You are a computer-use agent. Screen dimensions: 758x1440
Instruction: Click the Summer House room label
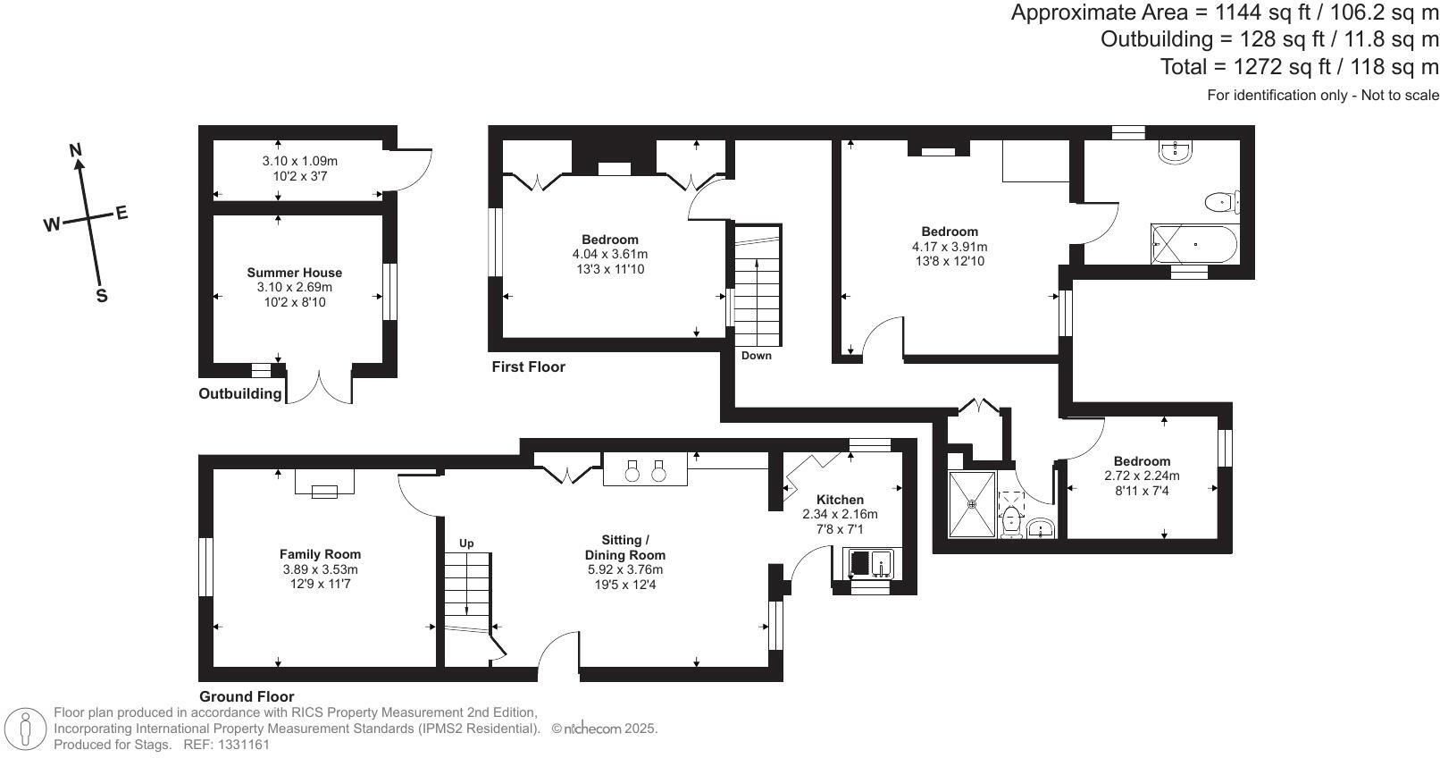coord(294,273)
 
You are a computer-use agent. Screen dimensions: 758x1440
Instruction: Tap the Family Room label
coord(320,554)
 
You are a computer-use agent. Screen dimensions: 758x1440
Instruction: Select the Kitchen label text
coord(840,500)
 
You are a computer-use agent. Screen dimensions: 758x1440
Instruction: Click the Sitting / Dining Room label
coord(624,547)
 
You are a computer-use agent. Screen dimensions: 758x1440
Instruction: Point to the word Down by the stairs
coord(756,356)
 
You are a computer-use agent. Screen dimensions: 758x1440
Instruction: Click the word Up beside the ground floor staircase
coord(466,543)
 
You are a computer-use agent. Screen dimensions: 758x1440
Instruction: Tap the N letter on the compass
coord(77,149)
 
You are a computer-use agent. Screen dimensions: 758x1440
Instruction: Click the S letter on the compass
coord(102,296)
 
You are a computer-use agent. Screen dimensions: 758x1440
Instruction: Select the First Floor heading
coord(528,366)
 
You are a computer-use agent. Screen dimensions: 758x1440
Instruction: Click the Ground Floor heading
coord(247,696)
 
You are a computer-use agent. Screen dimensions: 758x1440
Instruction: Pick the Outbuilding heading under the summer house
coord(239,393)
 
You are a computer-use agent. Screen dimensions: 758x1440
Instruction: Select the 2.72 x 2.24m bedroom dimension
coord(1142,476)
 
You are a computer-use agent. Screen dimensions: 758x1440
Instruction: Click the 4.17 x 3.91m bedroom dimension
coord(950,247)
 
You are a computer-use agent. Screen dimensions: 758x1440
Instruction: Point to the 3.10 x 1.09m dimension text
coord(299,161)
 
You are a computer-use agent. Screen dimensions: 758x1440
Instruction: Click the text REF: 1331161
coord(226,744)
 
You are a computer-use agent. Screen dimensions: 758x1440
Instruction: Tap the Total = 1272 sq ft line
coord(1299,66)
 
